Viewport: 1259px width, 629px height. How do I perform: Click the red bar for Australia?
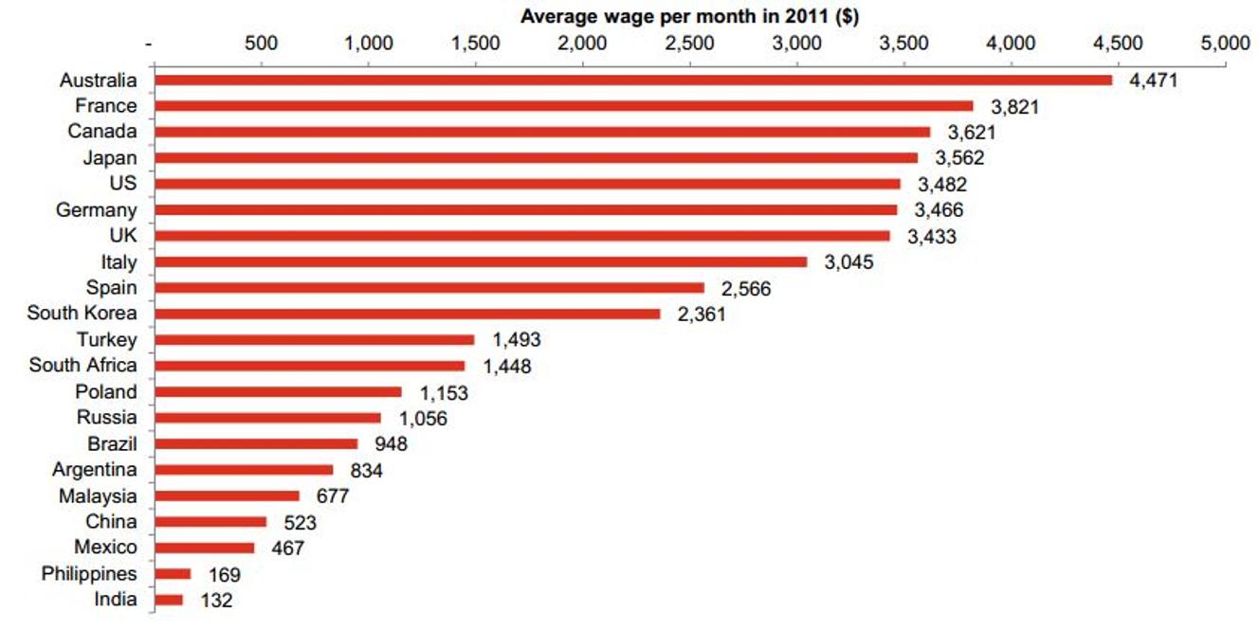(632, 81)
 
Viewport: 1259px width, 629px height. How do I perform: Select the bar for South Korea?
(407, 314)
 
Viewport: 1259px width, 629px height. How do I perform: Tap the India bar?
(168, 600)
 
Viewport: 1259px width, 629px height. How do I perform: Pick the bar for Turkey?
(314, 340)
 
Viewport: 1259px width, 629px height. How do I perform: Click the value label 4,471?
(1152, 81)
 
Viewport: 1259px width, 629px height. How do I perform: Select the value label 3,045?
(848, 262)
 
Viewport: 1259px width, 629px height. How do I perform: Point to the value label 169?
(224, 574)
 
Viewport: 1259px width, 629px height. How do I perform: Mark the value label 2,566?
(746, 289)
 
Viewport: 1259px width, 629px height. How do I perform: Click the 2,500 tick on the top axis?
(690, 44)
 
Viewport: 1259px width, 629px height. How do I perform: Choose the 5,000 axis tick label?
(1225, 44)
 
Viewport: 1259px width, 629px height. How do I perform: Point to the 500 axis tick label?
(261, 44)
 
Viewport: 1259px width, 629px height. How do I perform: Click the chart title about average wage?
(689, 16)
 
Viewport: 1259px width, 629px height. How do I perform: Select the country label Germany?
(96, 210)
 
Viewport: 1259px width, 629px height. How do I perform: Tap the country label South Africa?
(82, 366)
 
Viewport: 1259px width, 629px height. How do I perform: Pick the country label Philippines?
(89, 574)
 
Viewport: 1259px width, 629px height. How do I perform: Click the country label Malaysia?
(98, 496)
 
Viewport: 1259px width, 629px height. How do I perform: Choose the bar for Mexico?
(204, 548)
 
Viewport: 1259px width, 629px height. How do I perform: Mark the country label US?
(123, 184)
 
